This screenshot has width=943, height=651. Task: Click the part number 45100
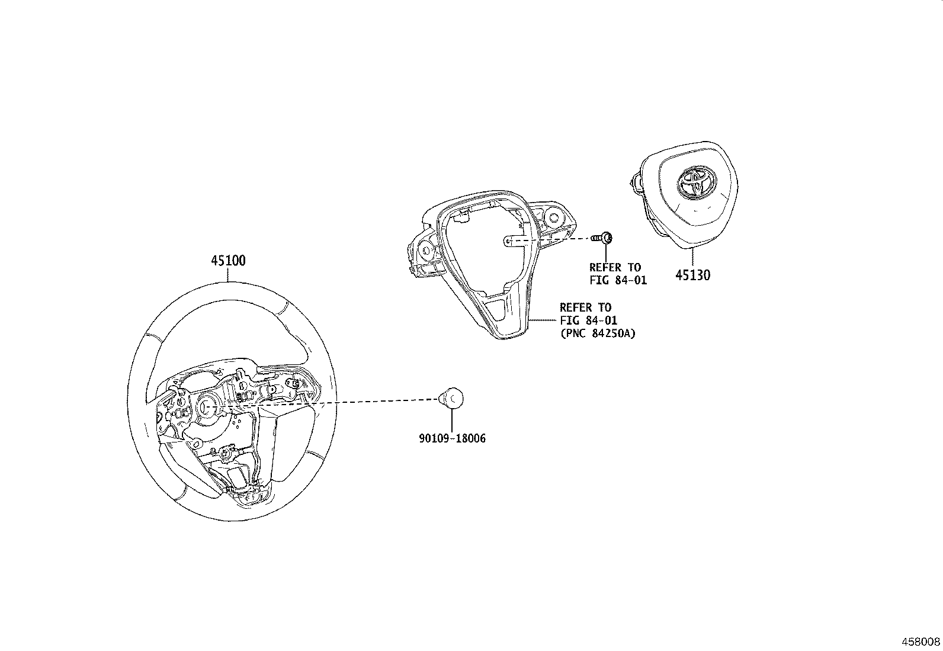tap(228, 261)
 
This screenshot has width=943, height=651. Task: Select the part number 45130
tap(693, 275)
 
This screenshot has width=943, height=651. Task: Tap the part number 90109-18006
tap(452, 439)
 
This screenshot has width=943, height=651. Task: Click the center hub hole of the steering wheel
tap(209, 406)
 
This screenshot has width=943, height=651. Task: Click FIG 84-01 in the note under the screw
tap(618, 280)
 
